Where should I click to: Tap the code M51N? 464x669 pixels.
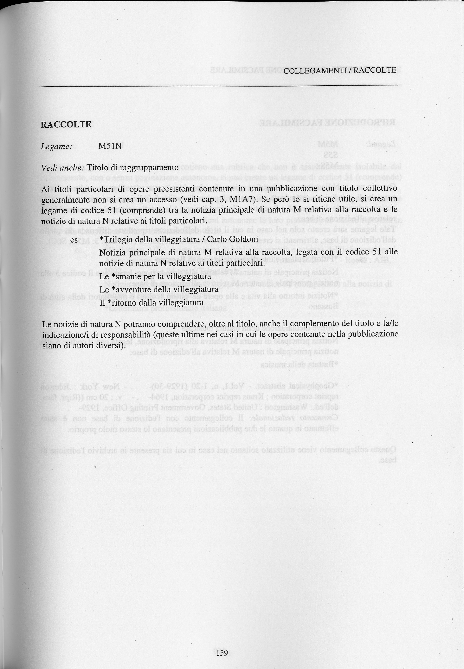click(x=110, y=146)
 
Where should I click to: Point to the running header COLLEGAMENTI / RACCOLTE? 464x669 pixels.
click(x=340, y=70)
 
